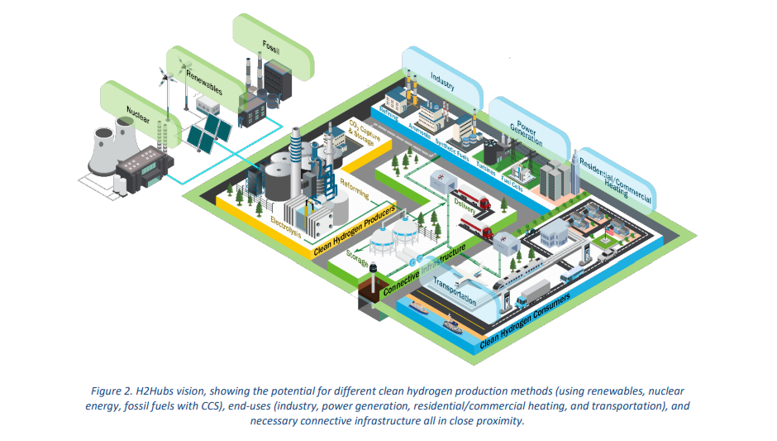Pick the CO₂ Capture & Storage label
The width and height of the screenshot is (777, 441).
[361, 134]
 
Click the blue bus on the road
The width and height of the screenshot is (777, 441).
[572, 275]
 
